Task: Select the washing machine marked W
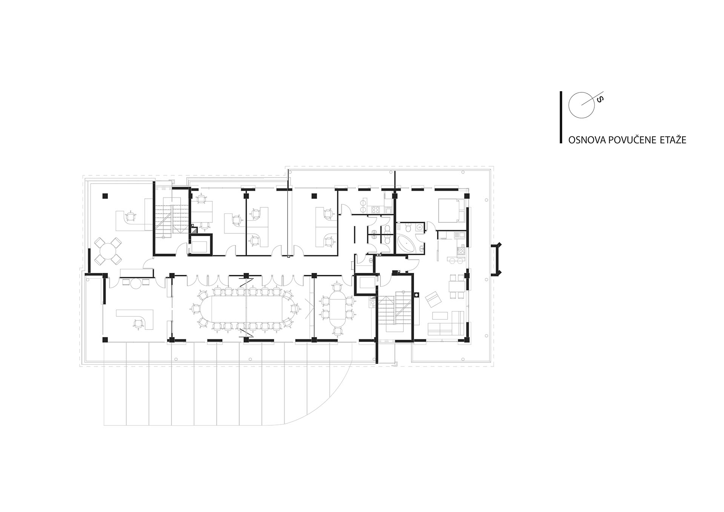click(x=420, y=227)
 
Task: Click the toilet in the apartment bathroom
click(x=408, y=227)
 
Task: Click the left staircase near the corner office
click(x=172, y=220)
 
